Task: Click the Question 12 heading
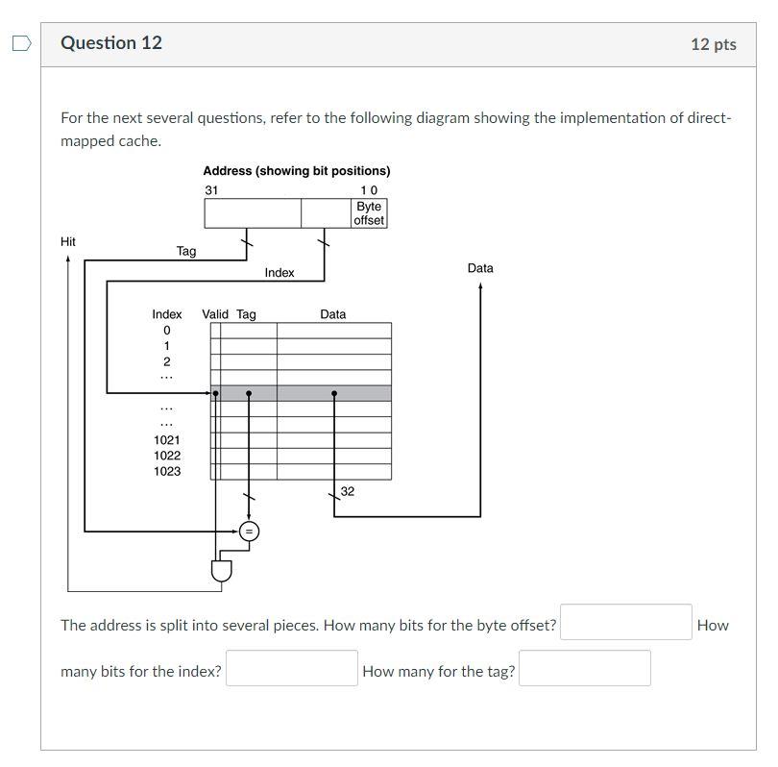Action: (111, 43)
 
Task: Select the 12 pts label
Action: (713, 44)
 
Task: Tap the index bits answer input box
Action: (291, 668)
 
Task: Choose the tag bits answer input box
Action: (584, 668)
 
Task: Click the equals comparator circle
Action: (249, 531)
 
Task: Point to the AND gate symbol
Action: (222, 571)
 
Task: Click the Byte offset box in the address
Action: (369, 213)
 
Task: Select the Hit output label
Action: (68, 241)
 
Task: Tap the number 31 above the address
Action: (211, 190)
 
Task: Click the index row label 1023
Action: (167, 471)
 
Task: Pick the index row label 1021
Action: (167, 439)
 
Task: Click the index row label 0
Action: (167, 331)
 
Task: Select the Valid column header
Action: (215, 314)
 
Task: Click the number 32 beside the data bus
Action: (348, 491)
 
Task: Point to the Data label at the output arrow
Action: (480, 268)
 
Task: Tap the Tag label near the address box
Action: (186, 251)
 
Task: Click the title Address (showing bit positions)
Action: (296, 171)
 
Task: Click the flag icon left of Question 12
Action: (21, 43)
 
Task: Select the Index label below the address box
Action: (280, 273)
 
